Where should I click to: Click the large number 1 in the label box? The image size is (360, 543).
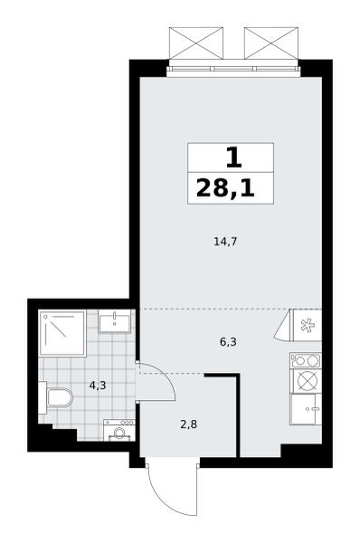[234, 158]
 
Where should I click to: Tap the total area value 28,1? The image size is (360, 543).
[226, 188]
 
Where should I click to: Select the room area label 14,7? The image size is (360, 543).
[225, 242]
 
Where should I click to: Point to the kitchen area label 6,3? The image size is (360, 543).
[228, 342]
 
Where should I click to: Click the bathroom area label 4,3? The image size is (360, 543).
[98, 386]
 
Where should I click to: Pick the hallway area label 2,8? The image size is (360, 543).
[189, 424]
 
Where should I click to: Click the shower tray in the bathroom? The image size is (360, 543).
[62, 333]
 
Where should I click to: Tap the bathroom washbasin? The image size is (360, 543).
[115, 321]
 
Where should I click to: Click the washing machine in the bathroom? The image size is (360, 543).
[119, 430]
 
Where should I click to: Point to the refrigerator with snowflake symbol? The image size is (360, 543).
[308, 325]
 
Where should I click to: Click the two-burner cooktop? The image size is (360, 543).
[306, 360]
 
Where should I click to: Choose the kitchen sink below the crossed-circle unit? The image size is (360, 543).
[306, 409]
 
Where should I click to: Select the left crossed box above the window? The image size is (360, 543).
[196, 43]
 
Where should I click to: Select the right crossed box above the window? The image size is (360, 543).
[271, 43]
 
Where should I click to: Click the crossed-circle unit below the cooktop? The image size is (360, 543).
[306, 381]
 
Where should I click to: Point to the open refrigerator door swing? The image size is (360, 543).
[284, 326]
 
